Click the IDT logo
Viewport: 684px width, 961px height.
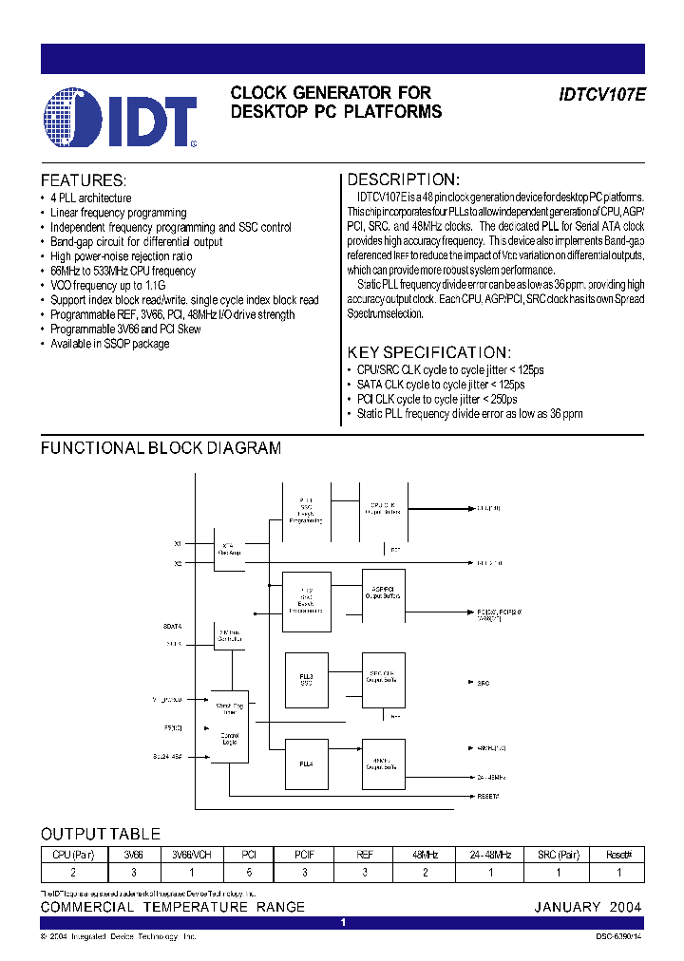(120, 119)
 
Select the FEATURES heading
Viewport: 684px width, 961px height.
(83, 180)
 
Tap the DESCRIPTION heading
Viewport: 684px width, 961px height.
(403, 179)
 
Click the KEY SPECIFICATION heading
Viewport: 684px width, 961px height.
(428, 351)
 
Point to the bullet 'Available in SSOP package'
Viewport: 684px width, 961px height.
(109, 344)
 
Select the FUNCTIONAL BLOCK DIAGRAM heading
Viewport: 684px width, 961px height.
(161, 447)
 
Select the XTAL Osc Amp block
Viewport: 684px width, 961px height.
(229, 551)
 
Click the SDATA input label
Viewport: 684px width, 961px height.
(172, 627)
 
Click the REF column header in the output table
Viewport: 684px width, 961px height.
(365, 855)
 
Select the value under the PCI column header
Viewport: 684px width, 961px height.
(249, 871)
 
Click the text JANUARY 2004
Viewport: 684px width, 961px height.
(587, 907)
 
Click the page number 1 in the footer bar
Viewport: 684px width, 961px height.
(342, 922)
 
